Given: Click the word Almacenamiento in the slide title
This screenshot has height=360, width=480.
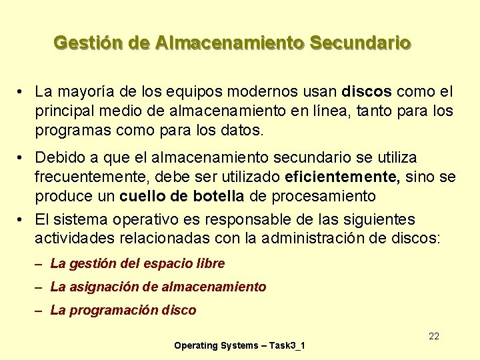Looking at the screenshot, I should point(229,43).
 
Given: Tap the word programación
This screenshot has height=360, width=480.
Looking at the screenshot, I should point(113,310).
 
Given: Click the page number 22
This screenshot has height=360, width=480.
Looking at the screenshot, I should point(434,336).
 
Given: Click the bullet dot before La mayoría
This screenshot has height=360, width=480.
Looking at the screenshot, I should point(22,91).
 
